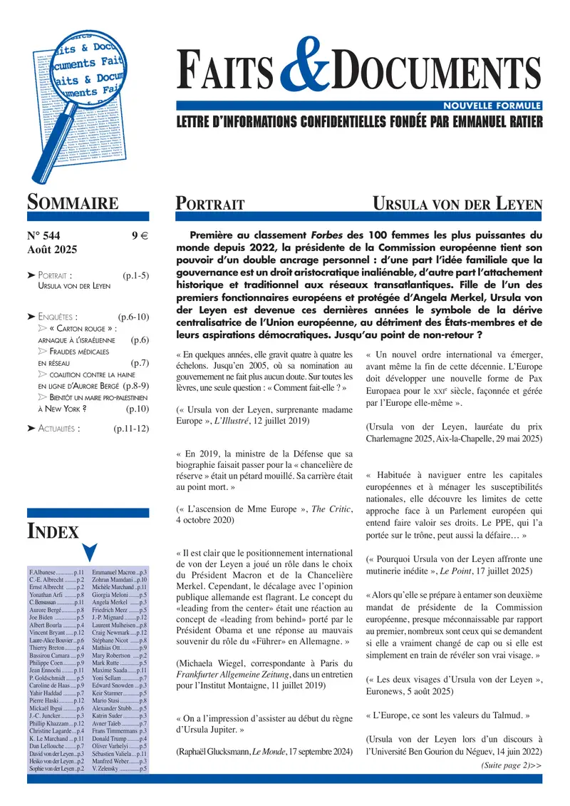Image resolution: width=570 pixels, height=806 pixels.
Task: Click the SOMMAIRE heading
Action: pyautogui.click(x=73, y=203)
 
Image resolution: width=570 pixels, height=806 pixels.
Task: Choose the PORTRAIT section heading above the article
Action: pyautogui.click(x=210, y=204)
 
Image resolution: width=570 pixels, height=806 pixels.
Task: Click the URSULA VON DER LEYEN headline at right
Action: pyautogui.click(x=458, y=204)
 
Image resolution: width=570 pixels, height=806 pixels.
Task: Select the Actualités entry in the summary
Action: pyautogui.click(x=58, y=429)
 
